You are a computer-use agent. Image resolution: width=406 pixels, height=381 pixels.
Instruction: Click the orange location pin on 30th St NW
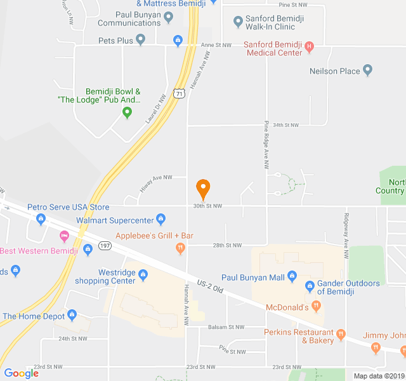(x=203, y=188)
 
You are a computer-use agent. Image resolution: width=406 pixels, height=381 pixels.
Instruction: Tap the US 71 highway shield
(x=181, y=93)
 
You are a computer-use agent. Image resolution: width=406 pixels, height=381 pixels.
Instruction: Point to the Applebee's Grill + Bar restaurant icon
(x=180, y=248)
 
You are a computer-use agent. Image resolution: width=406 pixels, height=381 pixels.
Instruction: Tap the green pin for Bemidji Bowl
(x=127, y=112)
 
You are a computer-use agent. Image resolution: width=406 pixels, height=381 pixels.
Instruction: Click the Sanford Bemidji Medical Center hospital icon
(x=309, y=46)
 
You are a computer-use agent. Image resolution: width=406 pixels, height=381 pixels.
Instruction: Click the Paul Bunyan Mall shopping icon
(x=292, y=276)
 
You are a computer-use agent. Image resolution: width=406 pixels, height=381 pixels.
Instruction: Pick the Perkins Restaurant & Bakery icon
(x=341, y=333)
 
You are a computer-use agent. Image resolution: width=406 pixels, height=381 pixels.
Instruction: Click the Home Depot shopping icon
(x=72, y=315)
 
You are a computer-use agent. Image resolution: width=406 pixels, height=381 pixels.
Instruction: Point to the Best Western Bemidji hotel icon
(x=64, y=236)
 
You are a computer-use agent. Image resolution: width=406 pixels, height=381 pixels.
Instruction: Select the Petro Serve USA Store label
(x=69, y=207)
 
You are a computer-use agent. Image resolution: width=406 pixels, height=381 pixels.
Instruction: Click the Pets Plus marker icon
(x=141, y=41)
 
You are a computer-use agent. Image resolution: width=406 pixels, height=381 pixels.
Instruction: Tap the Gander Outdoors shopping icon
(x=310, y=285)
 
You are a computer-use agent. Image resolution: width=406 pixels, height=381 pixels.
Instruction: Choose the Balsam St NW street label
(x=226, y=328)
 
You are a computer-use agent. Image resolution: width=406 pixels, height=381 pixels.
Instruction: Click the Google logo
(x=22, y=373)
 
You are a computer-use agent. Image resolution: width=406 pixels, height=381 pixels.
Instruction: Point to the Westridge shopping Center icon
(x=143, y=274)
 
